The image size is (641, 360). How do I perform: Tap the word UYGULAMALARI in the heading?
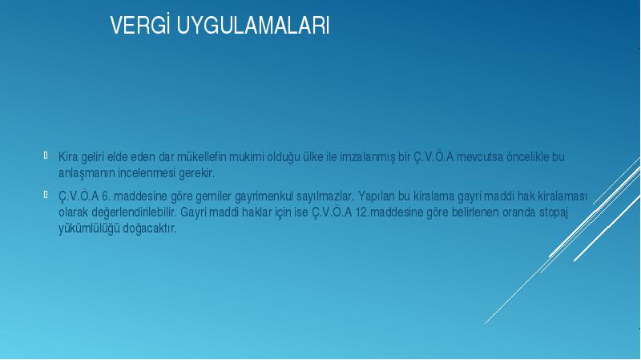tap(253, 26)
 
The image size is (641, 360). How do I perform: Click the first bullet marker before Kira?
tap(46, 155)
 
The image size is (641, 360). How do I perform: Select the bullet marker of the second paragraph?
tap(46, 195)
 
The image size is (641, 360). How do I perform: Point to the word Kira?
tap(68, 156)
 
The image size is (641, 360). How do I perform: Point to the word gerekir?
tap(196, 174)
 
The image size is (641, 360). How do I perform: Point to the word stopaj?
tap(554, 213)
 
